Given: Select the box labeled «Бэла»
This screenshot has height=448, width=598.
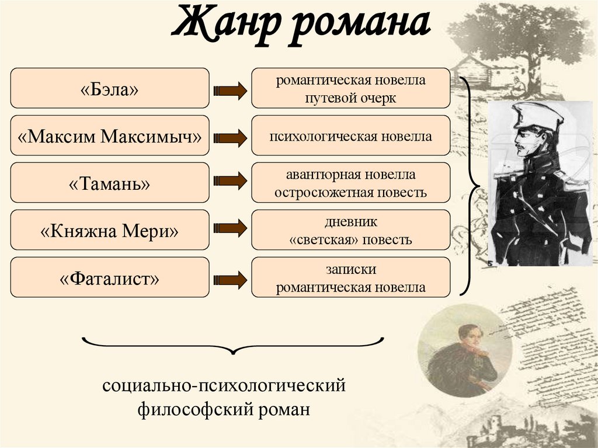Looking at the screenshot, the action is pyautogui.click(x=110, y=88).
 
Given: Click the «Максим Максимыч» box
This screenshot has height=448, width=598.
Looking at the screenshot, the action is pyautogui.click(x=110, y=136).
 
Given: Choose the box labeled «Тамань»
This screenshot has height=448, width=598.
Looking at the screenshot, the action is pyautogui.click(x=110, y=183).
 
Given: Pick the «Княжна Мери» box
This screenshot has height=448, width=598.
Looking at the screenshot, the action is pyautogui.click(x=110, y=230).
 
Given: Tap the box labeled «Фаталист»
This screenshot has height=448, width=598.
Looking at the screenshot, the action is pyautogui.click(x=110, y=277).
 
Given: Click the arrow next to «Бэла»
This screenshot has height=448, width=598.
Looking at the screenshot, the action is pyautogui.click(x=230, y=90).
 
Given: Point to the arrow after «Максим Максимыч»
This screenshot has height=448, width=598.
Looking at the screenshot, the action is pyautogui.click(x=230, y=138).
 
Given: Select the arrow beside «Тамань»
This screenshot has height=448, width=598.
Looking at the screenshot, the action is pyautogui.click(x=230, y=180).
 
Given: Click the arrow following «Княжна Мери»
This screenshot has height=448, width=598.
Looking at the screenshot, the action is pyautogui.click(x=230, y=227).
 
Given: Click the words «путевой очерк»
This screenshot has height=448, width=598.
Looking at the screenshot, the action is pyautogui.click(x=350, y=98).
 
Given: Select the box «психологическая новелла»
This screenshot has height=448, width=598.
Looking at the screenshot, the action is pyautogui.click(x=350, y=136).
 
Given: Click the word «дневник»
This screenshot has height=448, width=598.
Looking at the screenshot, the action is pyautogui.click(x=350, y=222).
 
